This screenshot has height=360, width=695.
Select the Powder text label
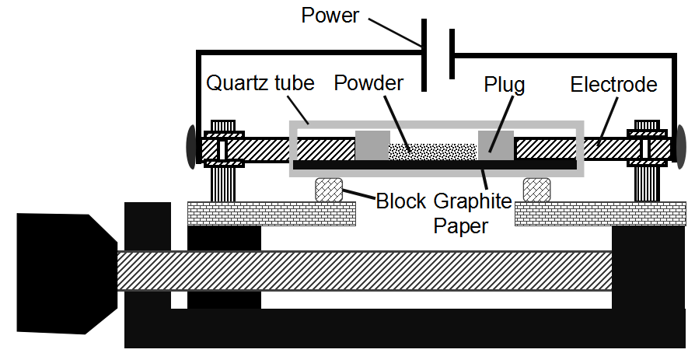click(368, 84)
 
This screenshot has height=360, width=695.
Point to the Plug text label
click(504, 84)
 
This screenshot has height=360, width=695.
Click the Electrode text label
click(613, 84)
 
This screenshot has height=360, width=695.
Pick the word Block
click(401, 201)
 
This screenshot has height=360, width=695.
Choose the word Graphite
click(471, 201)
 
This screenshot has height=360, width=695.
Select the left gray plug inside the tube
click(372, 145)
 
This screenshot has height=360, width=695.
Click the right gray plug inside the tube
click(495, 145)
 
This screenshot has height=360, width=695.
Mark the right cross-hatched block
click(536, 189)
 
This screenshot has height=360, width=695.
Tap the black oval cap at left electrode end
click(190, 145)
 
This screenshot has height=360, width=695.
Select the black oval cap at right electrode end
click(679, 145)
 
